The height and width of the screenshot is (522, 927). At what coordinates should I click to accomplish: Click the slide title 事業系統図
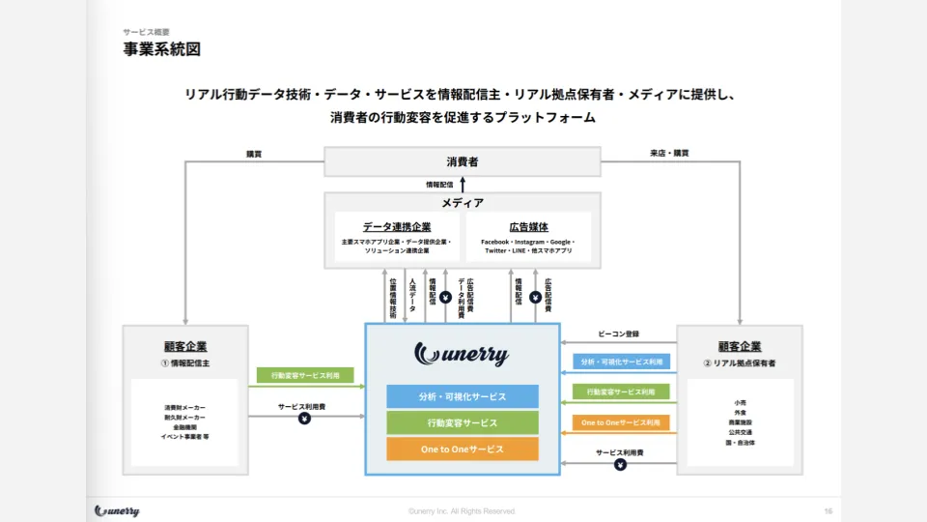coord(162,49)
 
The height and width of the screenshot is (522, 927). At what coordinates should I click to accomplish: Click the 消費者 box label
coord(462,161)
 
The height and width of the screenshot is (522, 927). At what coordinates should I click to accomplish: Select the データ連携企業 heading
coord(397,226)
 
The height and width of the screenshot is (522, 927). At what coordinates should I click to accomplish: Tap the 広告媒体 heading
coord(528,226)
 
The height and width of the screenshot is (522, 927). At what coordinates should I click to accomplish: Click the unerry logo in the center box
coord(462,354)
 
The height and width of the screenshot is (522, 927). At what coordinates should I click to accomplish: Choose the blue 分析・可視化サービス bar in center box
coord(462,396)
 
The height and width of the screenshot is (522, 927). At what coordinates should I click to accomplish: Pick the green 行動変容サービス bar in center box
coord(462,422)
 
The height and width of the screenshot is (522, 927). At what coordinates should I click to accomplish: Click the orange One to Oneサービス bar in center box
coord(462,449)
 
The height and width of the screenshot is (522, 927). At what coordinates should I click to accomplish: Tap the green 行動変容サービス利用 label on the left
coord(305,375)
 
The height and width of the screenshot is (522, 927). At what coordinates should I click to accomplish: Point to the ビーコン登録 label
coord(619,334)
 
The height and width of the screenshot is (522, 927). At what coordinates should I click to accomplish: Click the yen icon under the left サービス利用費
coord(305,419)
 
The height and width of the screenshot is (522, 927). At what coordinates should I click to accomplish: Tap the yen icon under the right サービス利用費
coord(620,464)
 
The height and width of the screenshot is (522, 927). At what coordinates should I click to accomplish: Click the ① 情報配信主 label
coord(185,363)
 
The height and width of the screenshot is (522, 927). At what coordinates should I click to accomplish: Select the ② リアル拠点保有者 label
coord(740,363)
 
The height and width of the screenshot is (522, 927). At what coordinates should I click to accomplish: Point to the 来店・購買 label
coord(669,153)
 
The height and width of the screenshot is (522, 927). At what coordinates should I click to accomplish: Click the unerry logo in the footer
coord(117,510)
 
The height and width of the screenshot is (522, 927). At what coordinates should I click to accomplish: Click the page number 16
coord(828,510)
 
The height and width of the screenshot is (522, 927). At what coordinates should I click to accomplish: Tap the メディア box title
coord(462,203)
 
